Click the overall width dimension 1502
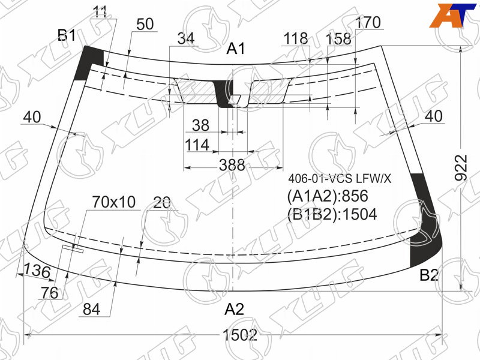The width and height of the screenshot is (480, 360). tap(239, 335)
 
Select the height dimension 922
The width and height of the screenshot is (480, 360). tap(461, 168)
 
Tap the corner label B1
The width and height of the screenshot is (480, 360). tap(67, 35)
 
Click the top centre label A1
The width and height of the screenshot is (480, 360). tap(236, 49)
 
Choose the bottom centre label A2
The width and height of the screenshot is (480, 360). tap(234, 309)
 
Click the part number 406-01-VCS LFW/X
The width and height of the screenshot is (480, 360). tap(340, 178)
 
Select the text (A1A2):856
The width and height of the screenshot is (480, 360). tap(327, 196)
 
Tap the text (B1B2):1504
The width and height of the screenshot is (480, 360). tap(332, 214)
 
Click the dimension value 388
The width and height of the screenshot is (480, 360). tap(232, 166)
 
